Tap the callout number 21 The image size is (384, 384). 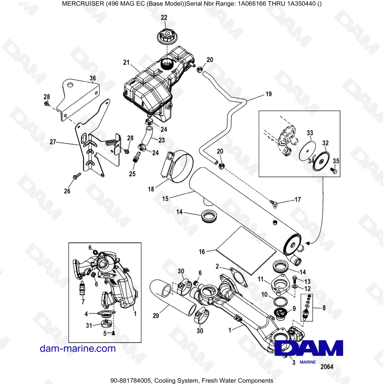[126, 62]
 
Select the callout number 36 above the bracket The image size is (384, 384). [93, 78]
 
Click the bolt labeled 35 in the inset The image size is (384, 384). [333, 170]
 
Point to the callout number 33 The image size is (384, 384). [310, 133]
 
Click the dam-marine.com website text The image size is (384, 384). [78, 348]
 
